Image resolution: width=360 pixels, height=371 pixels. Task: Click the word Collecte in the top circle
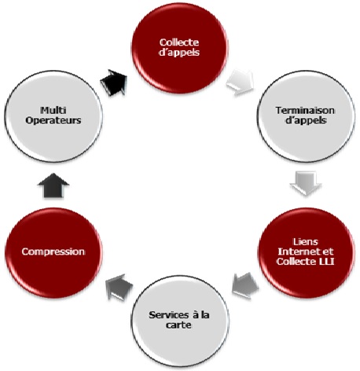179,42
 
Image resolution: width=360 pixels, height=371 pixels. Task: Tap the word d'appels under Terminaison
306,120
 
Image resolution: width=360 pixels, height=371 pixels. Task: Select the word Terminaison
305,110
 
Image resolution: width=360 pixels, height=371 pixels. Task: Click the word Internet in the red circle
299,252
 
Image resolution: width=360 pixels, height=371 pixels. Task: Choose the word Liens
306,241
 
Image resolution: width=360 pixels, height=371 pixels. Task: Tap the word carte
178,325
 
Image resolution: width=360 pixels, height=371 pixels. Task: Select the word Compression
53,252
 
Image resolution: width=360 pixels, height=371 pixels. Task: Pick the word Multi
53,110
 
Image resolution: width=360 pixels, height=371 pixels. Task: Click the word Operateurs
53,120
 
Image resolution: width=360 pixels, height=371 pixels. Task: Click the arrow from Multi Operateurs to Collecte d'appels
114,83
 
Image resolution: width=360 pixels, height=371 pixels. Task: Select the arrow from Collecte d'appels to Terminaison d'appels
241,83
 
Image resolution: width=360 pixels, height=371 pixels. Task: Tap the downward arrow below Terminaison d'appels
306,183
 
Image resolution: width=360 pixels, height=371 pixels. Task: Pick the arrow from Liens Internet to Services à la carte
245,285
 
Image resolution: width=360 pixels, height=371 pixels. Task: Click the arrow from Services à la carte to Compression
119,287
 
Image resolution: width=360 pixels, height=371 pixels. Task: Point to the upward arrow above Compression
53,185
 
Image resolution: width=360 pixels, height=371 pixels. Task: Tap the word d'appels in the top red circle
179,53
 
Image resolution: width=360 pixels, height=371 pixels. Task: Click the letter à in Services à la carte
196,314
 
